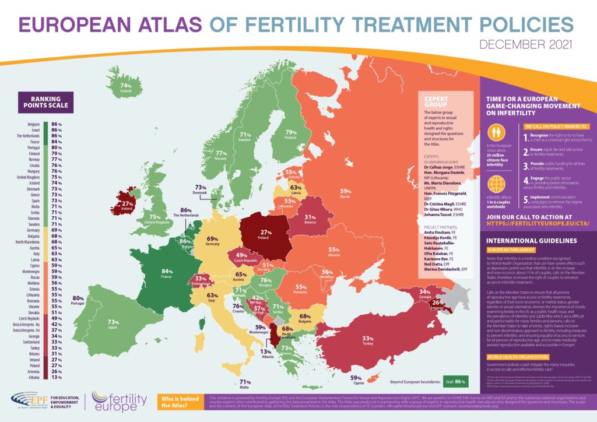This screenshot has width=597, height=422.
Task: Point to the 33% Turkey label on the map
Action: [x=368, y=339]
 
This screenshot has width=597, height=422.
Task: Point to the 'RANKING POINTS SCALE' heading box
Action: [x=45, y=102]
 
